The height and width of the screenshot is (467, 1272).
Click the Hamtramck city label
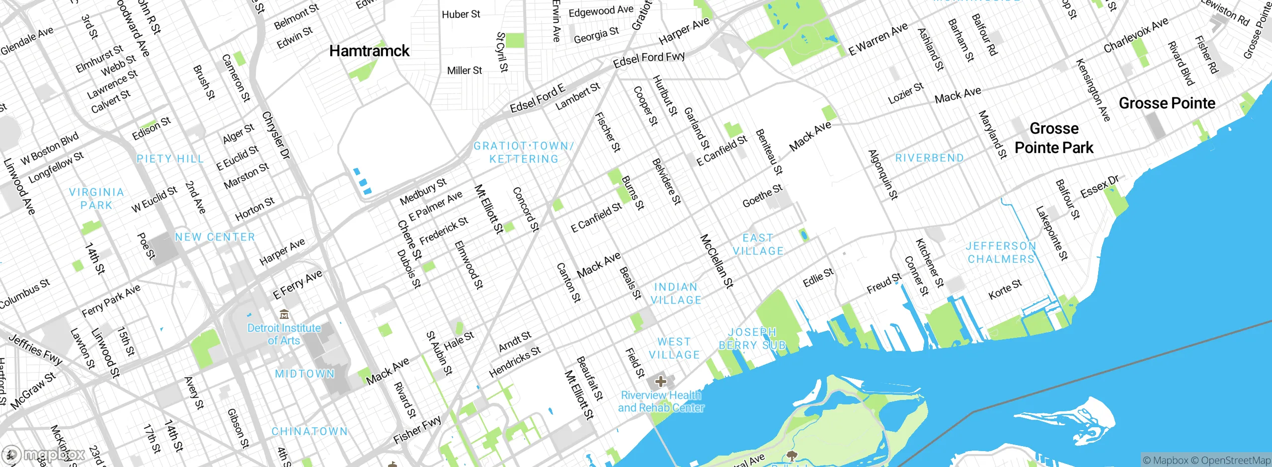tap(369, 51)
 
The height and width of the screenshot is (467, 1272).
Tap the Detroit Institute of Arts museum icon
tap(284, 314)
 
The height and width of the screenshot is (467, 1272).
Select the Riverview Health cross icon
tap(660, 382)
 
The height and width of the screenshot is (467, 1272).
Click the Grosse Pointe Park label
tap(1054, 138)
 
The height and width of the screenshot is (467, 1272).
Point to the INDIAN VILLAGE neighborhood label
tap(676, 294)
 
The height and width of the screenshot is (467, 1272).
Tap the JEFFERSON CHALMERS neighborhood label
tap(1001, 252)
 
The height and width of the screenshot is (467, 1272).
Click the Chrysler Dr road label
tap(276, 135)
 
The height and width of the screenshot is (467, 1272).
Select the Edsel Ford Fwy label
tap(648, 59)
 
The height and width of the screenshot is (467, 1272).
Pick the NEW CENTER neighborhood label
tap(215, 237)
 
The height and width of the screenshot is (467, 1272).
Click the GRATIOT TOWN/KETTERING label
tap(524, 153)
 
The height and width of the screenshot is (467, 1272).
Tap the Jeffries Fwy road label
tap(35, 349)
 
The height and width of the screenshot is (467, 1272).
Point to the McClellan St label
tap(716, 261)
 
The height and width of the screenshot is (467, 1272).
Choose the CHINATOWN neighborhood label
tap(310, 431)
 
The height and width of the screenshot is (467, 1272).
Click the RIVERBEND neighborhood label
tap(929, 158)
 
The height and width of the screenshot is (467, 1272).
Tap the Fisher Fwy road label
tap(417, 430)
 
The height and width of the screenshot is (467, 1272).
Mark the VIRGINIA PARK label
tap(96, 199)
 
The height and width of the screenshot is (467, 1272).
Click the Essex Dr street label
tap(1100, 186)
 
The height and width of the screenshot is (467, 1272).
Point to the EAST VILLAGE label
tap(758, 244)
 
